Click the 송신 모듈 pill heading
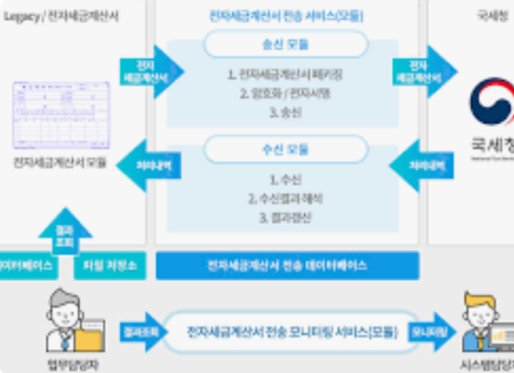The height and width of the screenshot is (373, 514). (x=287, y=45)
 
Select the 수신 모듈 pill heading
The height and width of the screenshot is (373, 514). (x=287, y=150)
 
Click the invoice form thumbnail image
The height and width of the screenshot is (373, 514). (x=60, y=115)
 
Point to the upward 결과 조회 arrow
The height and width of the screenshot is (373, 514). (x=65, y=229)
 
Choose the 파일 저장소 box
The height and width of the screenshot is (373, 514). (x=109, y=266)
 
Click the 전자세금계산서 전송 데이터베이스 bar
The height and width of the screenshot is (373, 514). (x=287, y=266)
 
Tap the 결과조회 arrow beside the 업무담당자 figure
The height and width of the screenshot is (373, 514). (x=143, y=332)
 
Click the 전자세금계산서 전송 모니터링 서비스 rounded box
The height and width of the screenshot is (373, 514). (x=292, y=332)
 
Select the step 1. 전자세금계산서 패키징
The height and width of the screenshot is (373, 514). (x=285, y=73)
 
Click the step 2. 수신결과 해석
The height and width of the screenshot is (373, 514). (x=286, y=198)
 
